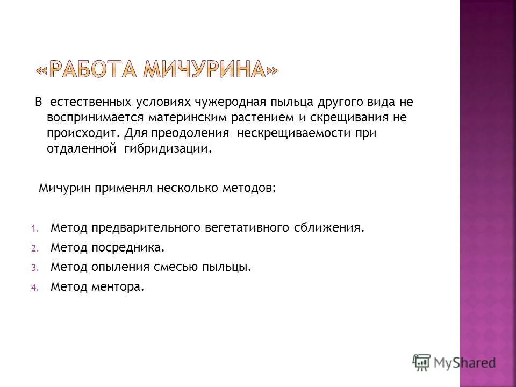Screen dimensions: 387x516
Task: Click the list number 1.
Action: (x=33, y=228)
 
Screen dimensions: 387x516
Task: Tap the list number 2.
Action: (x=33, y=248)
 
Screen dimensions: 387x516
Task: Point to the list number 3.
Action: (x=33, y=267)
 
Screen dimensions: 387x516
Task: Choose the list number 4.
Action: (x=33, y=287)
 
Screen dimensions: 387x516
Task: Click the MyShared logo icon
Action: (x=422, y=362)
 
